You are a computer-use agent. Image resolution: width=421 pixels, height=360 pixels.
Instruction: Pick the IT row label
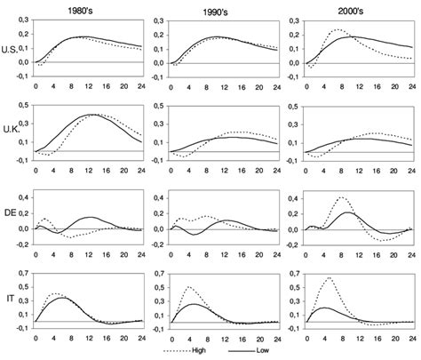click(10, 298)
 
